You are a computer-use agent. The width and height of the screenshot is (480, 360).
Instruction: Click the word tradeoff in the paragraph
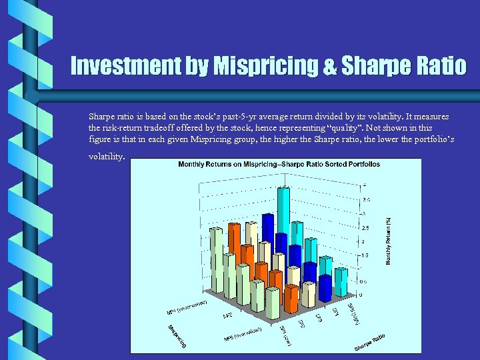click(x=173, y=127)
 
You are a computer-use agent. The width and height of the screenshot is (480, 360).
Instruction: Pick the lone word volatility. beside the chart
click(x=106, y=157)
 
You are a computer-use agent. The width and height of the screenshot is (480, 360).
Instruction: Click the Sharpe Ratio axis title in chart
click(x=370, y=341)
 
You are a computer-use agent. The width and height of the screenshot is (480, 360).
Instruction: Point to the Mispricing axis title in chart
click(x=177, y=337)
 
